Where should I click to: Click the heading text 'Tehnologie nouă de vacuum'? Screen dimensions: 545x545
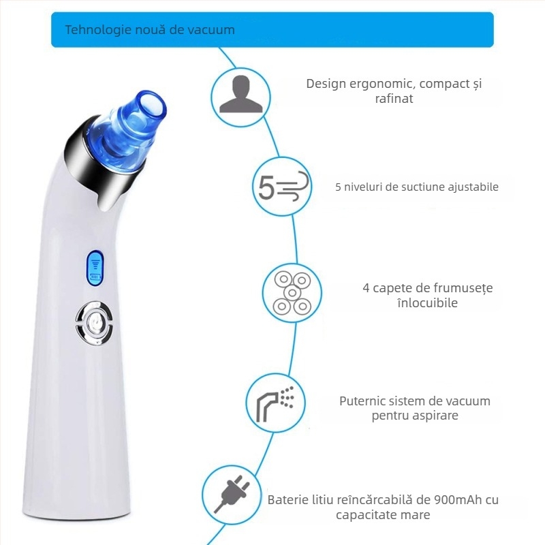point(150,30)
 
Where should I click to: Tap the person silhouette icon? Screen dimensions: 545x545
point(241,94)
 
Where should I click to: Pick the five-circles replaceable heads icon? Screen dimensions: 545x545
point(292,293)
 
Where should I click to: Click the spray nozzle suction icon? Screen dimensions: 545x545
point(275,403)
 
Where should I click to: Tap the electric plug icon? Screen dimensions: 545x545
point(232,496)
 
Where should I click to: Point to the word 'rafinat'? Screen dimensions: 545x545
point(394,98)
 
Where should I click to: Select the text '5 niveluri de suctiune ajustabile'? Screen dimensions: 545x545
point(417,187)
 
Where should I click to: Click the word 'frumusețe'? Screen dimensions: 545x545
point(461,288)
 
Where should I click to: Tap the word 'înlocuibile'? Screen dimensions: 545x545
point(428,302)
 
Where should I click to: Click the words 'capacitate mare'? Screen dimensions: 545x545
point(383,515)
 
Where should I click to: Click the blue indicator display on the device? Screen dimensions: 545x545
point(95,268)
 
